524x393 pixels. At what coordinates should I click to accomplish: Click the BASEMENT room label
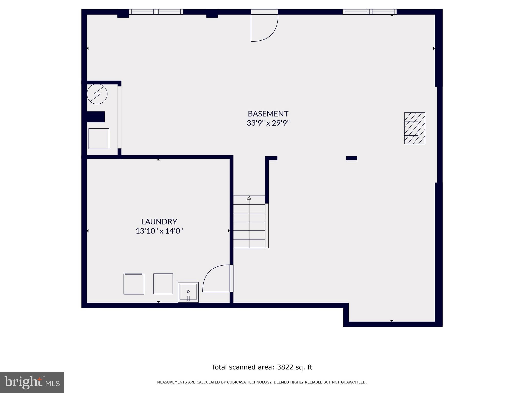[268, 114]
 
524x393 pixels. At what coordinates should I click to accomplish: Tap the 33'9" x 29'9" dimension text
[268, 123]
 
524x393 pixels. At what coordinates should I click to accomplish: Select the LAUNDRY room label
[159, 222]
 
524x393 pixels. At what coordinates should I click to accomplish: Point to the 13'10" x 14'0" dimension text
[159, 231]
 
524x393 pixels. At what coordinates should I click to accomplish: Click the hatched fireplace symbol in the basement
[414, 128]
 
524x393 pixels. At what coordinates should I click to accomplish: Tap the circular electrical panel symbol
[97, 94]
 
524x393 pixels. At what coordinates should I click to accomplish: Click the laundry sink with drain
[188, 292]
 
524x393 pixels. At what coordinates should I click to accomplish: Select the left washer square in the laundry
[134, 284]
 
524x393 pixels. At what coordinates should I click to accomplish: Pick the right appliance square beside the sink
[163, 284]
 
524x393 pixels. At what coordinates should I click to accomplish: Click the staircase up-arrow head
[249, 198]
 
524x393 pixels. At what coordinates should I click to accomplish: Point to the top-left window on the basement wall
[156, 12]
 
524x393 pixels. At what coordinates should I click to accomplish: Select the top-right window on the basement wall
[369, 12]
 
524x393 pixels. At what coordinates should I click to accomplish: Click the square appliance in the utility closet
[99, 138]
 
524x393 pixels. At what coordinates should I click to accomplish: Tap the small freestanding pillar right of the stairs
[352, 158]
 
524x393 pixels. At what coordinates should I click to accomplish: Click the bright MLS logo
[32, 383]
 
